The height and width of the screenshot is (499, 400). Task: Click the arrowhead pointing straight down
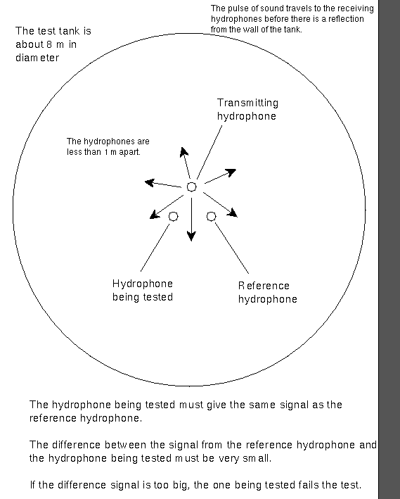191,236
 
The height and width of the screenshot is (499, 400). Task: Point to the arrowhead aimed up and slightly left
183,152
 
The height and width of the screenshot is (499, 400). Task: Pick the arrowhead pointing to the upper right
231,172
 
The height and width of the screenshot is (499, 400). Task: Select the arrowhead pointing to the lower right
233,213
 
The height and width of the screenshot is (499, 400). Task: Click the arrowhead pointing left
150,183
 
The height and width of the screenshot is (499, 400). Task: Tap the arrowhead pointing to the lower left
155,215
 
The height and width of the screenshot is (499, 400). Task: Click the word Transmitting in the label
247,103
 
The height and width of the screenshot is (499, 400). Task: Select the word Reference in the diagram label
264,286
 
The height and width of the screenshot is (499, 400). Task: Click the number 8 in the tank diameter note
49,44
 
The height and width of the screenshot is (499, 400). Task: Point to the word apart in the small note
129,152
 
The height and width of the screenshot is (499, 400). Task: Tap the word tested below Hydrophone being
157,297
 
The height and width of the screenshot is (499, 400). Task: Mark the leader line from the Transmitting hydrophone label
209,152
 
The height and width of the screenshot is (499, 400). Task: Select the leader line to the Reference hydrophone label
232,248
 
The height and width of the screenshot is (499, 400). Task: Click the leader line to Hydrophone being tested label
155,248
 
